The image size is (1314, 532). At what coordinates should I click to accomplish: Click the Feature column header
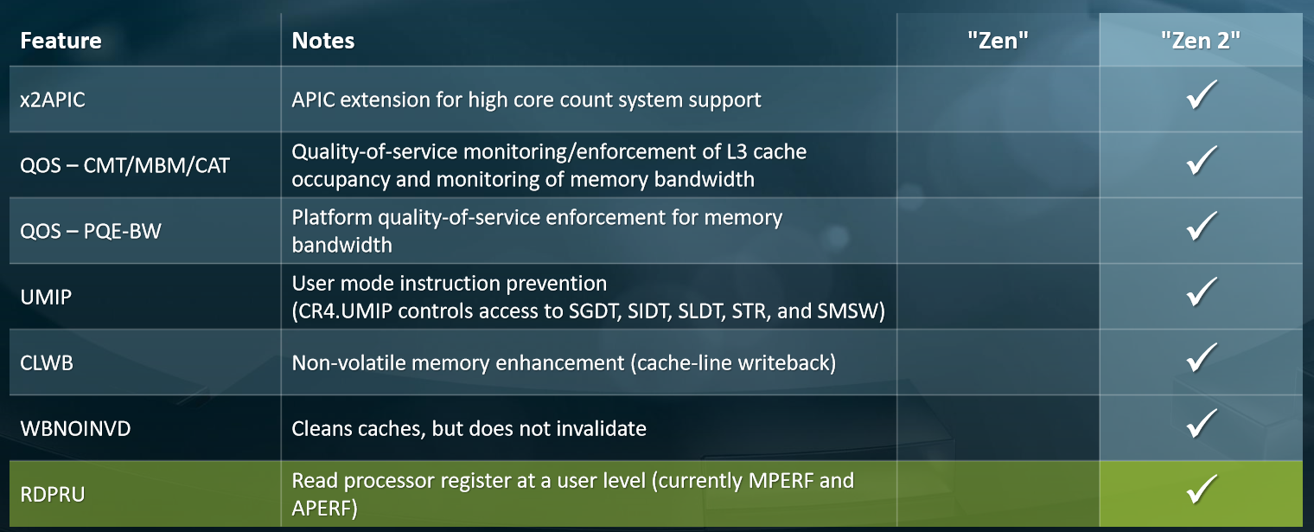(x=61, y=41)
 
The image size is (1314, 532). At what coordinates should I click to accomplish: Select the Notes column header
(x=322, y=41)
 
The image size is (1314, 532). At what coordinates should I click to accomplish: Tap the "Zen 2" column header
(x=1200, y=41)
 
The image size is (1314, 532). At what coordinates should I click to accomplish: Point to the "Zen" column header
(x=998, y=41)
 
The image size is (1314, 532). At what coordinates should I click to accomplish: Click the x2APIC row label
(x=52, y=99)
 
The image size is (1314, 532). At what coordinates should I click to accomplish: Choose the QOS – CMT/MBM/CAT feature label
(x=124, y=165)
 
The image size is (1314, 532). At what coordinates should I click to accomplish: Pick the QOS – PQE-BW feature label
(x=90, y=231)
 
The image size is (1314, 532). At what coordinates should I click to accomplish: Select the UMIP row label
(x=46, y=297)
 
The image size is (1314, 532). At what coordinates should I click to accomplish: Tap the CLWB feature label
(x=47, y=363)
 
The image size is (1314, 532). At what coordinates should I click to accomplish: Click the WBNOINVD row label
(x=75, y=429)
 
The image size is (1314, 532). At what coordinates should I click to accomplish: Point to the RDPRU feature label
(x=52, y=495)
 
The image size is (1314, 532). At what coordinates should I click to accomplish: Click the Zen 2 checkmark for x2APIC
(x=1202, y=95)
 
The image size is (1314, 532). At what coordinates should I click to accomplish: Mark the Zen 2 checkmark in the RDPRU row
(x=1202, y=490)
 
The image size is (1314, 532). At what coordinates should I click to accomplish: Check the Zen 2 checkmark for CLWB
(x=1202, y=358)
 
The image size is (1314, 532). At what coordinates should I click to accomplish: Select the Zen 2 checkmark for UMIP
(x=1202, y=292)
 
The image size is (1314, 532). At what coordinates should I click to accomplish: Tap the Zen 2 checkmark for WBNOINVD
(x=1202, y=424)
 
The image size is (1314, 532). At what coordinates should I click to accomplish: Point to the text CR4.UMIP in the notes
(x=345, y=311)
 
